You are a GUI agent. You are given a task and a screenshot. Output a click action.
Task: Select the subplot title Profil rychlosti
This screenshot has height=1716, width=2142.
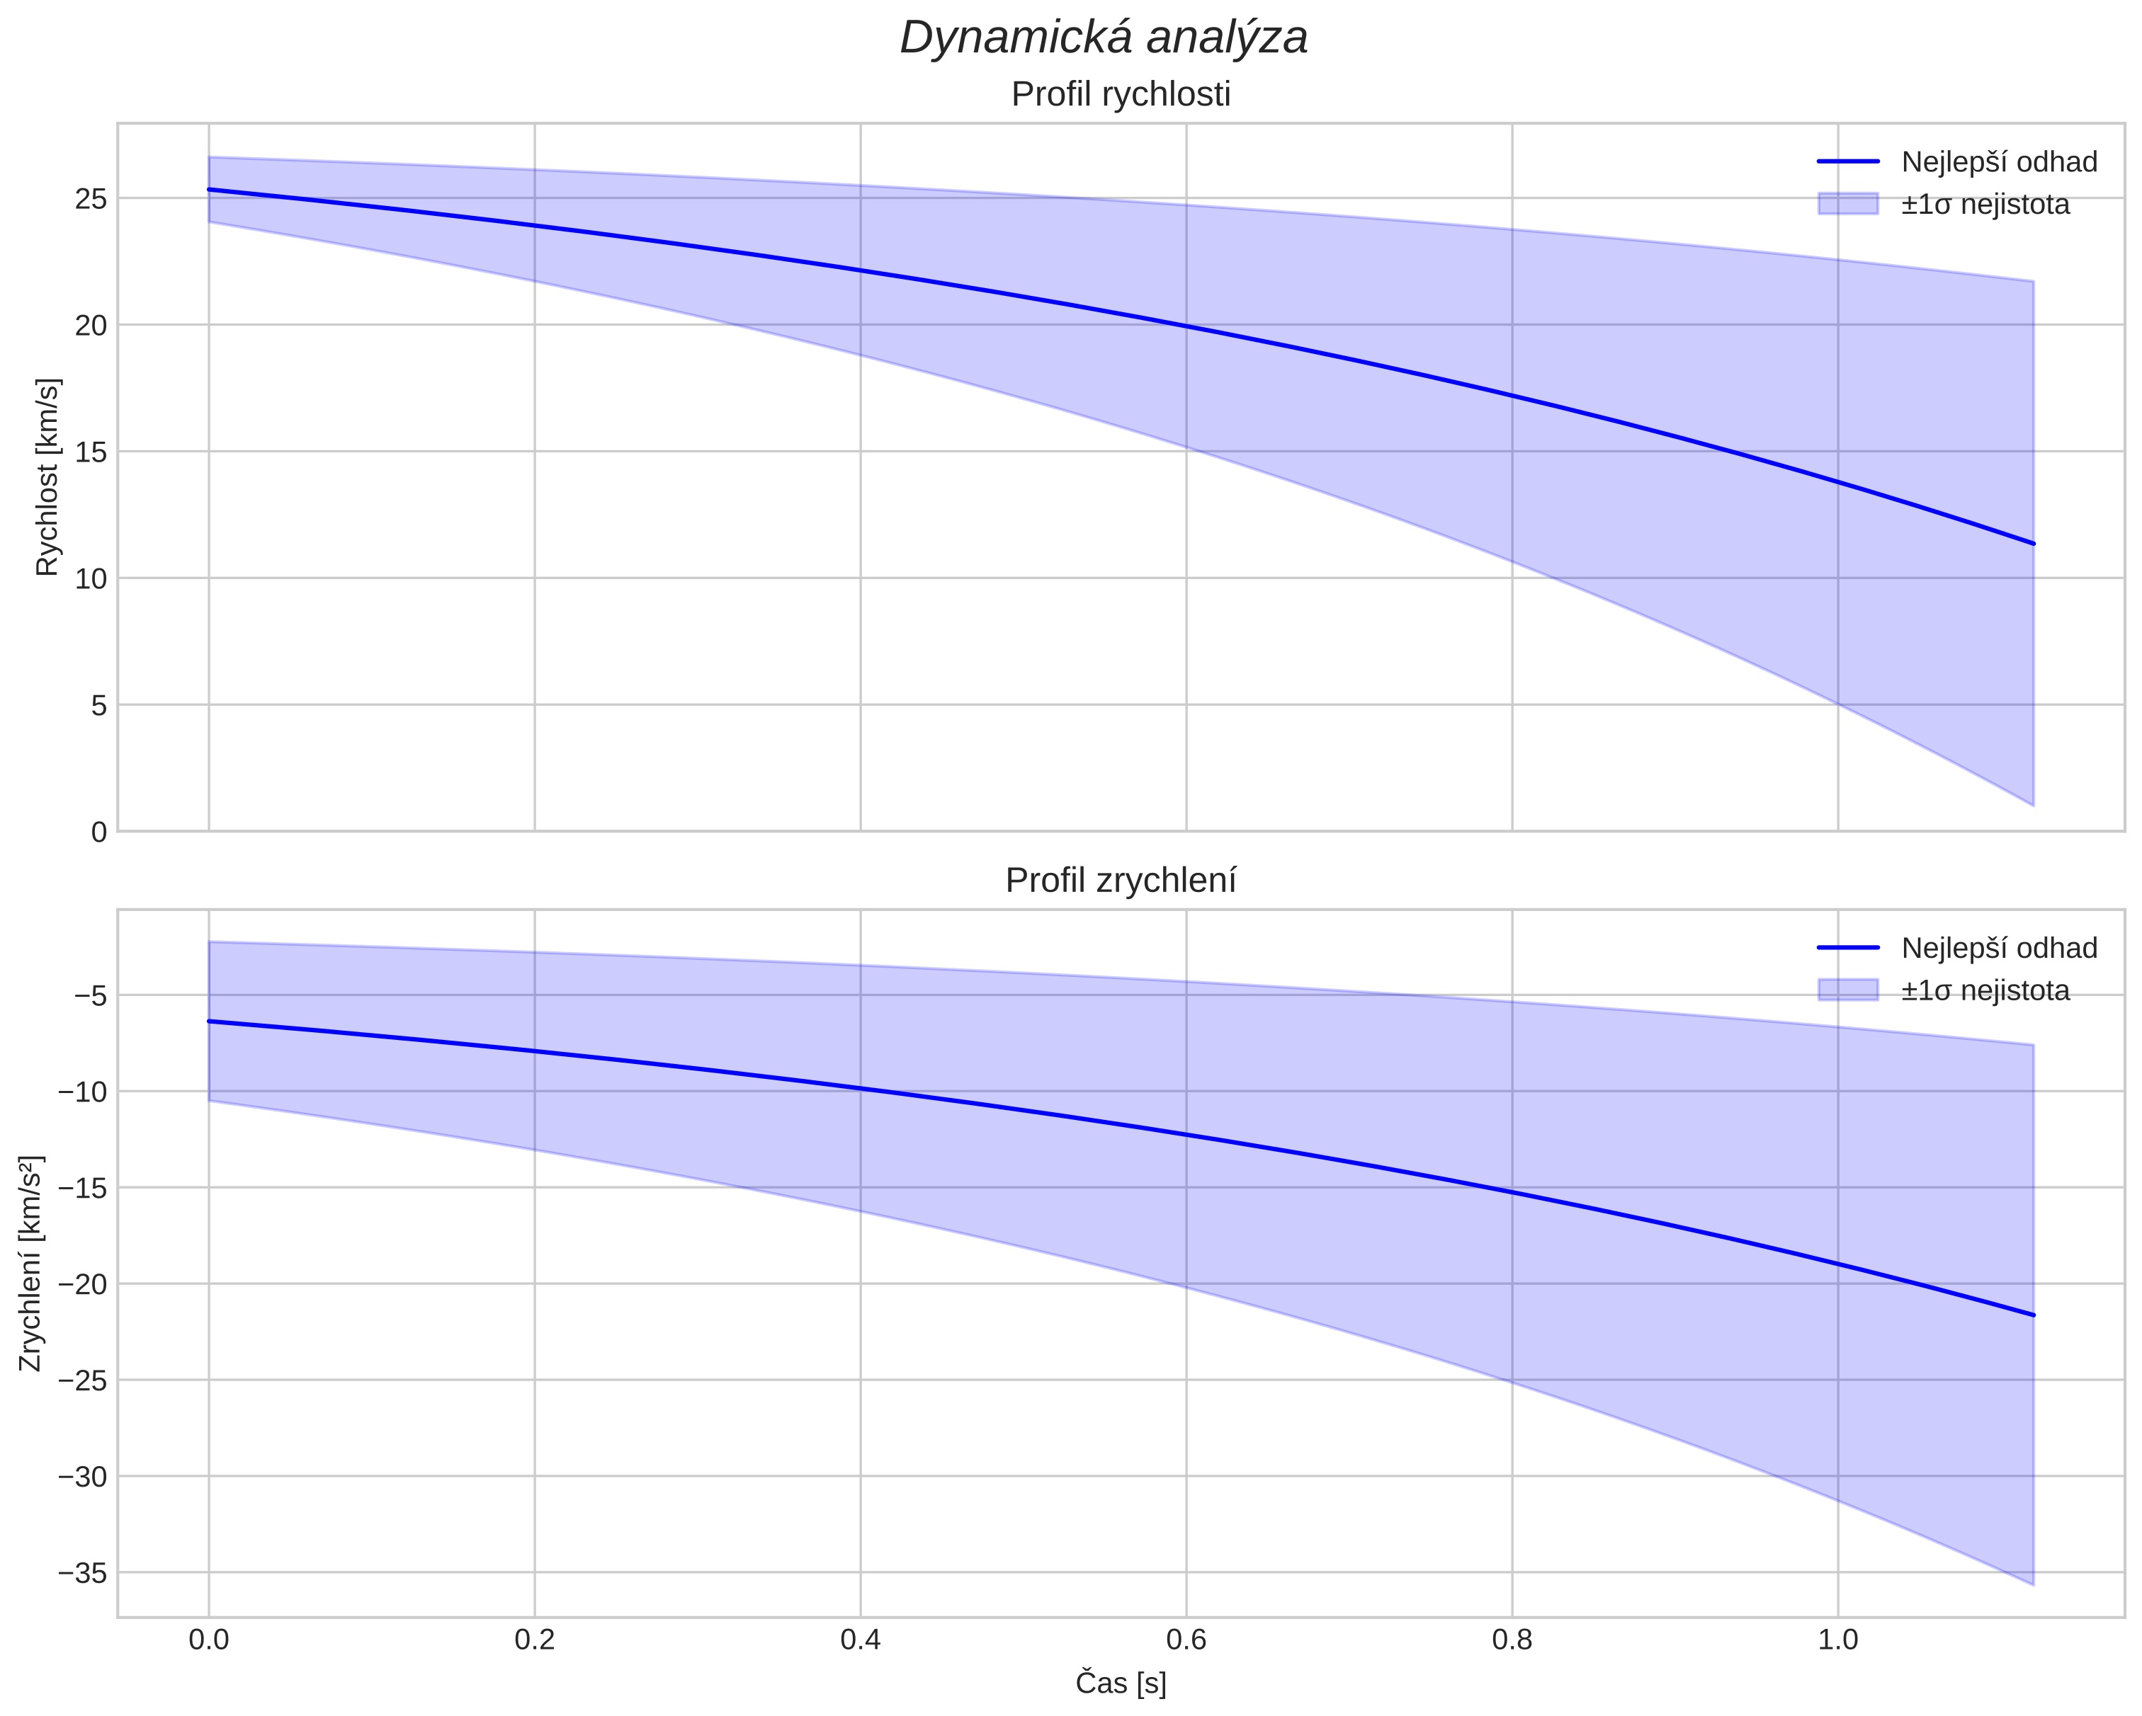[1121, 94]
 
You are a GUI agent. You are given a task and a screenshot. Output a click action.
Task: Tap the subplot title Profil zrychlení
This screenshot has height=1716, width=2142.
[1121, 881]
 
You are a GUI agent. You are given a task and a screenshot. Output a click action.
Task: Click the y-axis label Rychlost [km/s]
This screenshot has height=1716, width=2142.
[47, 476]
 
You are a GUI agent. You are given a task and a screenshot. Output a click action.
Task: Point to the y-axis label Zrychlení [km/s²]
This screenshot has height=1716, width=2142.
[32, 1263]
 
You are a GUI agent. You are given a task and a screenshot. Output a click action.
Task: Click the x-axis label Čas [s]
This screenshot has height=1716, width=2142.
[1121, 1683]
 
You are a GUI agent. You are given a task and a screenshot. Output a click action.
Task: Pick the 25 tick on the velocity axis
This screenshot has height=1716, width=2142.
[91, 199]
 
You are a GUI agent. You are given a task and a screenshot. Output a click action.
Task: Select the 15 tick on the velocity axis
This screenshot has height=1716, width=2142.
[91, 452]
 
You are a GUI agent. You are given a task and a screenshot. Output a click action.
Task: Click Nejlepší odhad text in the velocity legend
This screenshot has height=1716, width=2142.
[1999, 162]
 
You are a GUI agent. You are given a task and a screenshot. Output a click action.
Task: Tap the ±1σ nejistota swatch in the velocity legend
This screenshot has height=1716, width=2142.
[1848, 204]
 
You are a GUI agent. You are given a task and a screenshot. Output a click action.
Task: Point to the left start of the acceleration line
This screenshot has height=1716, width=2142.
[209, 1021]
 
